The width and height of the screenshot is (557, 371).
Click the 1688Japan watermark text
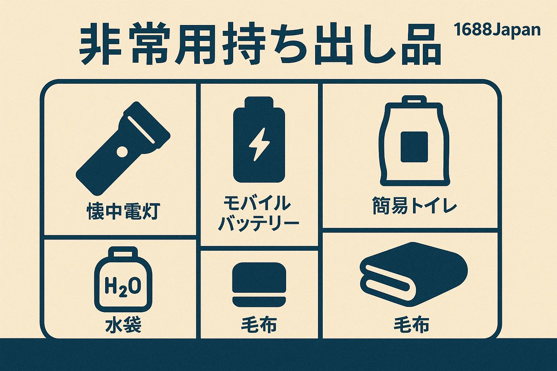(497, 30)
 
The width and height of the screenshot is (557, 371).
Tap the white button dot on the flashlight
(122, 151)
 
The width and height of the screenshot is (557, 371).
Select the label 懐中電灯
(123, 211)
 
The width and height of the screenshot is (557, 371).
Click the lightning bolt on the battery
(259, 144)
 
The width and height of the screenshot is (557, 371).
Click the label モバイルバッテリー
(258, 213)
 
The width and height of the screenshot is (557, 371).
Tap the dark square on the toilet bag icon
(414, 147)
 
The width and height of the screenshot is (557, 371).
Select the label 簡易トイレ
(414, 206)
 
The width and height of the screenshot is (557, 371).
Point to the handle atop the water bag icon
(123, 252)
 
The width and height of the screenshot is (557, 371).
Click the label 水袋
(123, 324)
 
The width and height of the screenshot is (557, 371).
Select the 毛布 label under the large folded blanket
(412, 325)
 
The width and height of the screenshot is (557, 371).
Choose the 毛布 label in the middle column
(259, 324)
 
